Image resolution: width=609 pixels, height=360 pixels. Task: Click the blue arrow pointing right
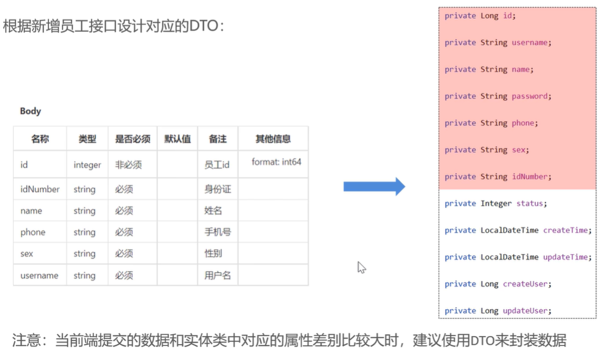click(374, 187)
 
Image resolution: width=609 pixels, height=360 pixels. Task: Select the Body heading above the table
click(30, 111)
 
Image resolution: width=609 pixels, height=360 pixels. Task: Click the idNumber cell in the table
click(40, 189)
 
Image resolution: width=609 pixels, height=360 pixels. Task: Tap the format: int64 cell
click(277, 162)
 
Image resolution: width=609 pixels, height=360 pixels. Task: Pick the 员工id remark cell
click(217, 165)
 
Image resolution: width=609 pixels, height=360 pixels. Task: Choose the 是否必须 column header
click(133, 139)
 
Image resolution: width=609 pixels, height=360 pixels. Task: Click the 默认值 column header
click(178, 139)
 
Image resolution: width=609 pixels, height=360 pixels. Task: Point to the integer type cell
click(87, 165)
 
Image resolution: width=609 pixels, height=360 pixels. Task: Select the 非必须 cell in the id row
click(128, 165)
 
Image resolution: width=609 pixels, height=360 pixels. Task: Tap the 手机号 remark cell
click(217, 233)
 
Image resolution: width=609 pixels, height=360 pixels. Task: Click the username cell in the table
click(39, 276)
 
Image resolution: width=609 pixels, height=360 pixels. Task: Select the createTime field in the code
click(566, 230)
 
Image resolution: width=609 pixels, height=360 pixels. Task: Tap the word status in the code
click(529, 204)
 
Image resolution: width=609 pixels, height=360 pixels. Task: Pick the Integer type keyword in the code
click(496, 204)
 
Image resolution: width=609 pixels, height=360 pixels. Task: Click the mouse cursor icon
click(361, 267)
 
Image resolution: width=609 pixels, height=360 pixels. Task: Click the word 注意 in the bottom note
click(27, 341)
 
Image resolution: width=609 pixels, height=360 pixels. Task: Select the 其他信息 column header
click(273, 139)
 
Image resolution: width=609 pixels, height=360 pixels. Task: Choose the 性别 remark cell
click(213, 254)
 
